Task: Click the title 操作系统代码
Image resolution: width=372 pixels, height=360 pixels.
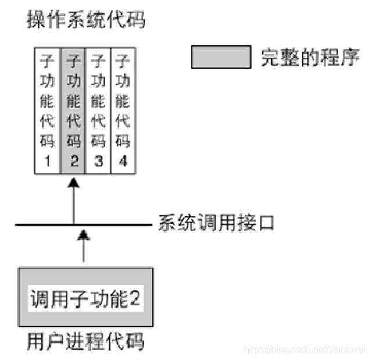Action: click(86, 21)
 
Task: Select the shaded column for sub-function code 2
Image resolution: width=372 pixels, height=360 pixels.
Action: click(74, 111)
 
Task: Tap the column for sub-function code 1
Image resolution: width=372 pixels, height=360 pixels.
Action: click(48, 111)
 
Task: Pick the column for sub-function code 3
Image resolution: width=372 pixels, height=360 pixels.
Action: click(98, 111)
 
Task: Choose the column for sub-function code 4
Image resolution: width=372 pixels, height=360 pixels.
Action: click(123, 111)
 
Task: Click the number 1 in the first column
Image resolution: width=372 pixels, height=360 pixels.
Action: click(48, 161)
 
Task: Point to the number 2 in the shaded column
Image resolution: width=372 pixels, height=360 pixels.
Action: click(74, 161)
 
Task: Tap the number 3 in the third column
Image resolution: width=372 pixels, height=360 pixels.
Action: click(98, 161)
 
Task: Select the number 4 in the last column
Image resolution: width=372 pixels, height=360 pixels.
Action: click(123, 161)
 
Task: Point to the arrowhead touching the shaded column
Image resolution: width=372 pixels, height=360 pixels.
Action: click(74, 184)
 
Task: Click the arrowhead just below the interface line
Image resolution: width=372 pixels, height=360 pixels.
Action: click(84, 234)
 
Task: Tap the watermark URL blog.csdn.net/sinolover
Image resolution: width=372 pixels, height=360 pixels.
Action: click(306, 350)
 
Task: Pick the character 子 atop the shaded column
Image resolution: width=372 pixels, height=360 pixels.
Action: click(74, 60)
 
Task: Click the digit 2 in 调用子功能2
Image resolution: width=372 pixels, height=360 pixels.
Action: click(135, 300)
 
